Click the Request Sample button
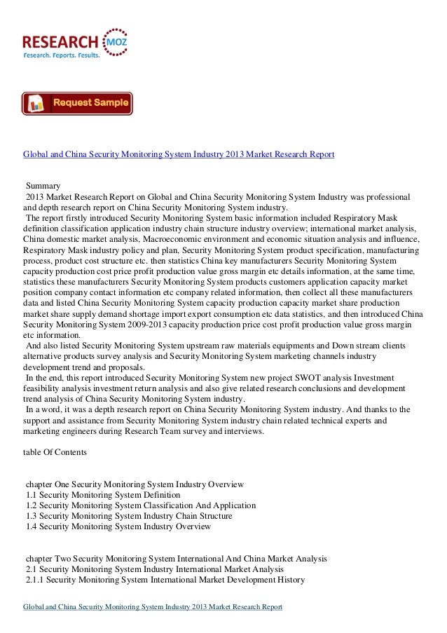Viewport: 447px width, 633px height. [x=77, y=104]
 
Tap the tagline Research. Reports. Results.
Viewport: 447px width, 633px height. [x=62, y=54]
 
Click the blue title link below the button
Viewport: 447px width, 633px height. [x=179, y=154]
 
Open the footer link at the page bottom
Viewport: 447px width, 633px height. [x=153, y=606]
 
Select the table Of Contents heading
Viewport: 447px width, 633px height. [x=55, y=453]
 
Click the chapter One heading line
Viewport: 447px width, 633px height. [x=134, y=484]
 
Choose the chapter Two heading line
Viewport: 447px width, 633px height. [x=176, y=559]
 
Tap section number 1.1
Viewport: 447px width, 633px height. [x=32, y=495]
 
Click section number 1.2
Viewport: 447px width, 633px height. [x=32, y=505]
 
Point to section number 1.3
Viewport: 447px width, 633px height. [x=32, y=516]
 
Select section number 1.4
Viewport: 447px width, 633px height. [x=32, y=526]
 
